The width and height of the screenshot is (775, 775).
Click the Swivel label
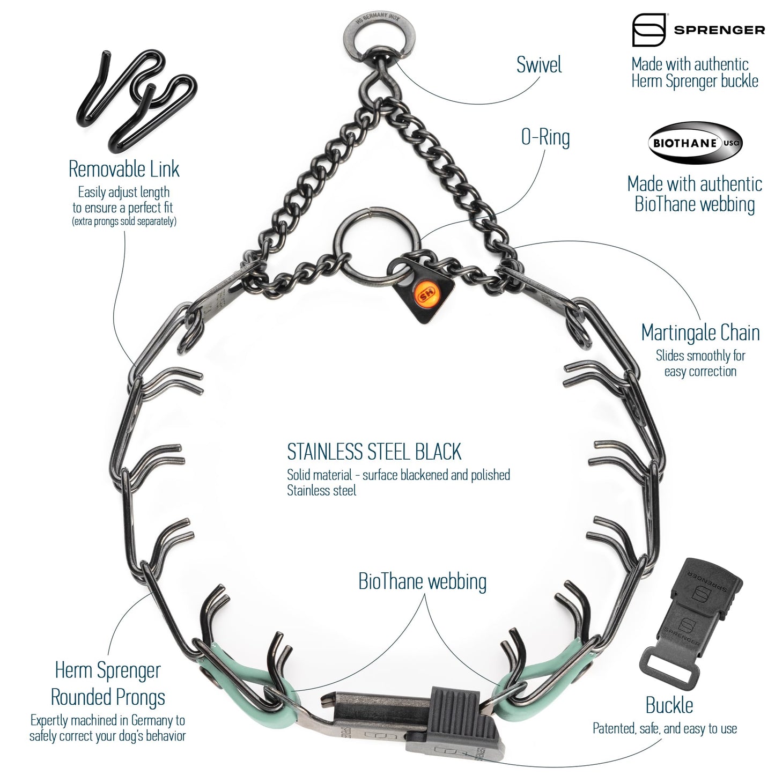coord(538,65)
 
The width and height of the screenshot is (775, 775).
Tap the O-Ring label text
coord(545,137)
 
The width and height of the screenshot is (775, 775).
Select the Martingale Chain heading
coord(700,333)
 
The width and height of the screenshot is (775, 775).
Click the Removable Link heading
coord(124,169)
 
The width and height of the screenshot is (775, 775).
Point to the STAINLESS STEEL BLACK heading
coord(374,452)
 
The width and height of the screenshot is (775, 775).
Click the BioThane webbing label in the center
coord(422,582)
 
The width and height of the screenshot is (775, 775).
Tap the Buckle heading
coord(669,705)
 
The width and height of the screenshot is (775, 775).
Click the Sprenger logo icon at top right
coord(648,30)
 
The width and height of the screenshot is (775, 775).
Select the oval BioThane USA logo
coord(695,143)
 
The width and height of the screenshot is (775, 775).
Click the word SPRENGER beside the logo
coord(719,31)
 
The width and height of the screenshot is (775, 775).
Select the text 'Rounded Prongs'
coord(108,698)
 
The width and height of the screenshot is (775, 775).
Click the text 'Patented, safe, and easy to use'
coord(665,728)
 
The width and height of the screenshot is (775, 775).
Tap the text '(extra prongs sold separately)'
coord(124,221)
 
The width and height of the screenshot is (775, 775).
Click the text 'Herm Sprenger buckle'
coord(695,82)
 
